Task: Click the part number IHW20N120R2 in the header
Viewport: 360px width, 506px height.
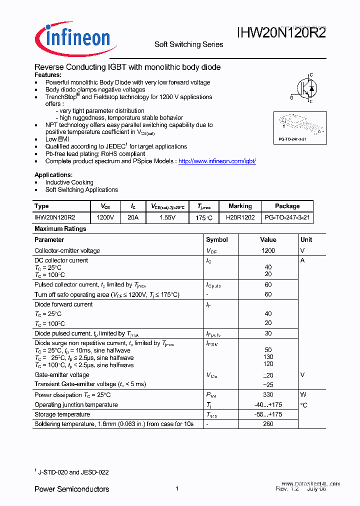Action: coord(281,33)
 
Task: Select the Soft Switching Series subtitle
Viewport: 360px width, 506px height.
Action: coord(188,44)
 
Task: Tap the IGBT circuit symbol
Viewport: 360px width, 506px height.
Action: coord(304,88)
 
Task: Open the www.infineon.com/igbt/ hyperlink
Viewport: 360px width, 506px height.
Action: coord(217,161)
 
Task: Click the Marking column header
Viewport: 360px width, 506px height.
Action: coord(240,206)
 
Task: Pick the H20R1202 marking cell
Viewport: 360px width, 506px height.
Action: coord(240,218)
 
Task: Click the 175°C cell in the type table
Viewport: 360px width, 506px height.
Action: coord(204,218)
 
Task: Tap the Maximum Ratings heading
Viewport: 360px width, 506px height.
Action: coord(60,228)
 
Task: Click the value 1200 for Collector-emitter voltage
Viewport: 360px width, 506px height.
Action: coord(268,250)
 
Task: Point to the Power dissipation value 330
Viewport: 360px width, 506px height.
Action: coord(268,394)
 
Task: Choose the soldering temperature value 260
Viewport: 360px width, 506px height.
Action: coord(268,424)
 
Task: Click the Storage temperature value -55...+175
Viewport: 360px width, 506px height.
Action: coord(268,414)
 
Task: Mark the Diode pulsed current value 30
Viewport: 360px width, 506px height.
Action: coord(268,333)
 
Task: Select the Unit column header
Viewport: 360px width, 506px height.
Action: coord(306,240)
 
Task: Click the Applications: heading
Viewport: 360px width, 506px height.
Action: coord(53,175)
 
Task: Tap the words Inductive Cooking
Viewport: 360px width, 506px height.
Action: coord(69,182)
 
